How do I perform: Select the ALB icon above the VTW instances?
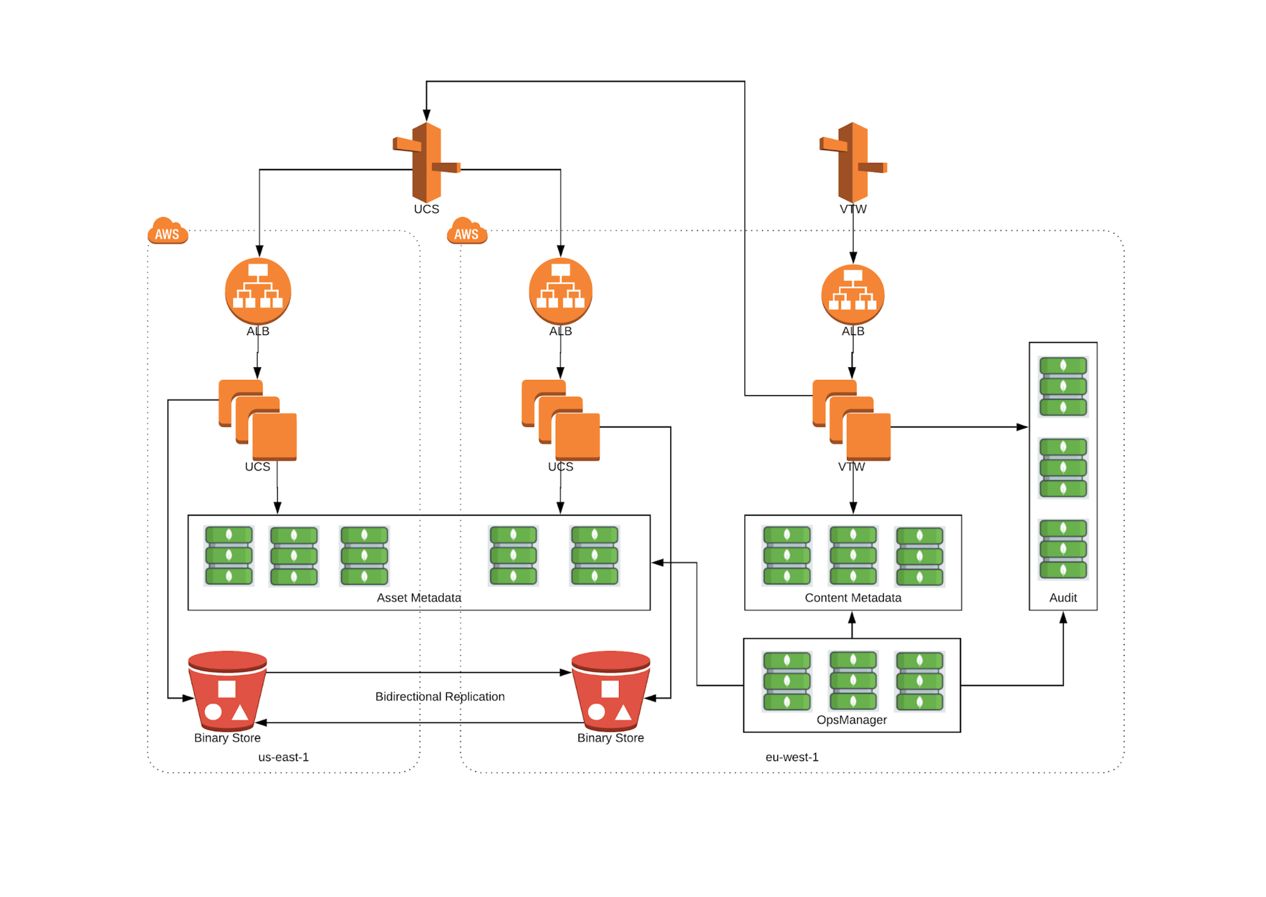pos(853,294)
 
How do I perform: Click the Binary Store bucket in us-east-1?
pos(227,690)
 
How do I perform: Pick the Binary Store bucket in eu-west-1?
pos(611,690)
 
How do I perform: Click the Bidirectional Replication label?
pos(440,696)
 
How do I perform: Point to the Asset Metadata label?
pos(419,598)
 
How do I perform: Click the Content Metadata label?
pos(853,598)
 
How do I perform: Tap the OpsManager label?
pos(851,720)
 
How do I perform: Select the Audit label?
pos(1063,598)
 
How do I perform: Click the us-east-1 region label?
pos(284,757)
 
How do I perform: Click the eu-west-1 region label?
pos(792,757)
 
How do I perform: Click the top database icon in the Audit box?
pos(1063,387)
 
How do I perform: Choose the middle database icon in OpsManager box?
pos(853,681)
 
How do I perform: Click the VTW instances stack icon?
pos(851,420)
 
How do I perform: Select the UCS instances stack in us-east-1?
pos(258,420)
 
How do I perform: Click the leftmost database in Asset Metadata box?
pos(229,555)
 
